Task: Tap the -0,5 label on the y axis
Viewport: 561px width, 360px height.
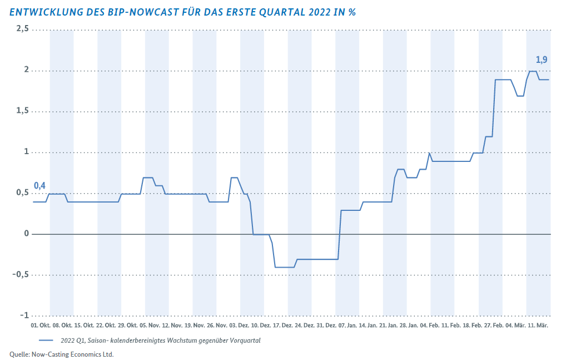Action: tap(21, 274)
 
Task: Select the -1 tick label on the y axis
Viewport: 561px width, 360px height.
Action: tap(24, 315)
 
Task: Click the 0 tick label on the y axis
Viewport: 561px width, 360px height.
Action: tap(27, 234)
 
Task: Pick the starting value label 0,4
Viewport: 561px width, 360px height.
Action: tap(39, 185)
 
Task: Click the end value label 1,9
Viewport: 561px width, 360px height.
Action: tap(542, 60)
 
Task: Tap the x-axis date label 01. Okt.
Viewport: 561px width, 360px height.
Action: tap(41, 326)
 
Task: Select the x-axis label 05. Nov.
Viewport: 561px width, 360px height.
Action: tap(150, 326)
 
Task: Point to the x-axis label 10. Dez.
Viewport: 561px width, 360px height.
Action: tap(261, 326)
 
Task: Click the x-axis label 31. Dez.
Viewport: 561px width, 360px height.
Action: tap(326, 326)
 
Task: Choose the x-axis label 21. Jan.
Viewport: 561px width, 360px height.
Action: tap(388, 326)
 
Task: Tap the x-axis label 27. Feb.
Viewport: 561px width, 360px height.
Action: tap(493, 326)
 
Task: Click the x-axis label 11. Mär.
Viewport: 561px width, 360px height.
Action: tap(538, 326)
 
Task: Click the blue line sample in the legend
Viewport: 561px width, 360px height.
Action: tap(46, 341)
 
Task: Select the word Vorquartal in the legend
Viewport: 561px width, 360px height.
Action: tap(246, 341)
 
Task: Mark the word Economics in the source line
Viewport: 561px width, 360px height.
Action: tap(82, 354)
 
